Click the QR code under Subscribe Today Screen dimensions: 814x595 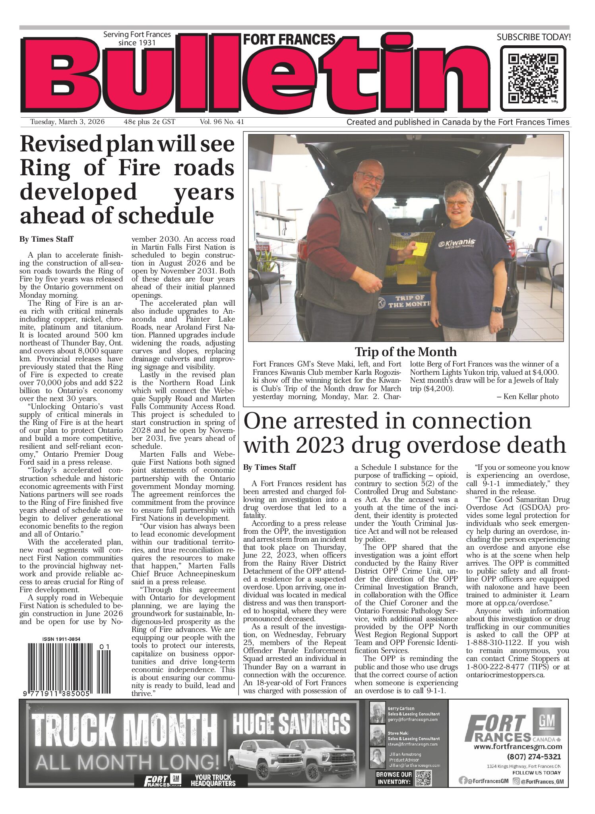(x=533, y=78)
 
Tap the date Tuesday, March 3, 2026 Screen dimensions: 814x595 (x=67, y=122)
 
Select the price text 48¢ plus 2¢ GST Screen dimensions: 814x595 (x=149, y=122)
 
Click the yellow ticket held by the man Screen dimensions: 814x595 (x=419, y=249)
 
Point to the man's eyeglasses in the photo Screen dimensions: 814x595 (x=370, y=177)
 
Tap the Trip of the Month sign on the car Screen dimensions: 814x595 (x=409, y=301)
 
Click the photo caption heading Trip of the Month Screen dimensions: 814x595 (x=405, y=352)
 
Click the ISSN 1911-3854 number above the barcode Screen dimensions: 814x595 (x=61, y=640)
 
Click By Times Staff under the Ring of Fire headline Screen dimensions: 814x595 (x=46, y=239)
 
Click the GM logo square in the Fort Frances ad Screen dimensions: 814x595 (x=550, y=719)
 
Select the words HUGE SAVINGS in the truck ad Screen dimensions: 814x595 (x=291, y=724)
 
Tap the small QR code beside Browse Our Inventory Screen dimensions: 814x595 (x=423, y=778)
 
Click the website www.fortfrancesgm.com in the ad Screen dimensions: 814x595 (x=517, y=747)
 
